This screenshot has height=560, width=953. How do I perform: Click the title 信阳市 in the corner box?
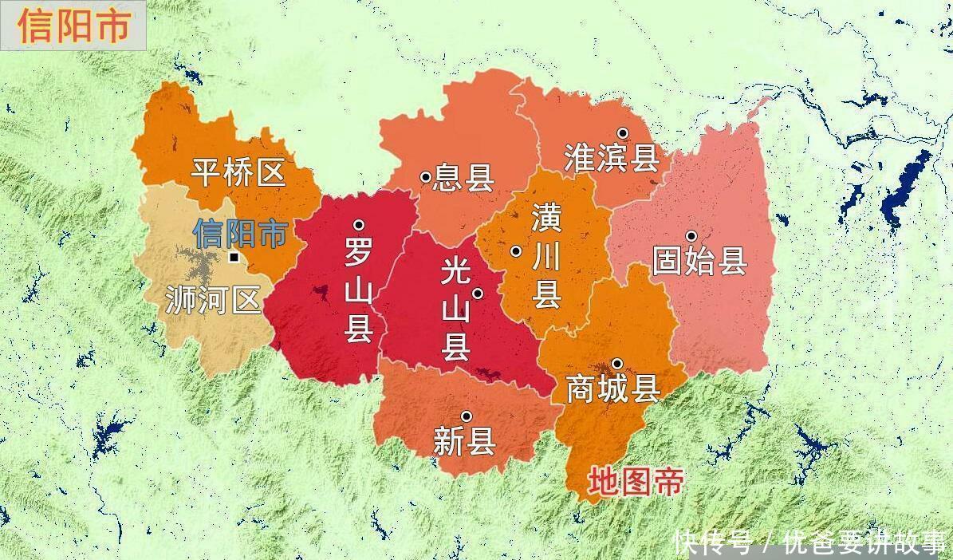point(73,26)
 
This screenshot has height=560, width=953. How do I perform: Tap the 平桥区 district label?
point(238,172)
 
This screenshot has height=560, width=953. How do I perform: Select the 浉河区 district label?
point(213,300)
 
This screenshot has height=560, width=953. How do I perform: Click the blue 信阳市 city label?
point(240,234)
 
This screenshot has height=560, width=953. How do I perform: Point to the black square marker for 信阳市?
point(234,258)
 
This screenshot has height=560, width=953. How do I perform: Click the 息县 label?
point(463,178)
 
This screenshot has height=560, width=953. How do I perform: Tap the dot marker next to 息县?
point(426,177)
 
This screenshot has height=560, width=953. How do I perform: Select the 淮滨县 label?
point(612,157)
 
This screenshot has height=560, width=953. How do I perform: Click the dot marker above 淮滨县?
point(623,132)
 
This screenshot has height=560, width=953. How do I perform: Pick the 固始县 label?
point(699,261)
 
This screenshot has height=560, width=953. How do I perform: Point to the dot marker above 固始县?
point(691,235)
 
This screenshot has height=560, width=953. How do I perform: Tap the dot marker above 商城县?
point(617,364)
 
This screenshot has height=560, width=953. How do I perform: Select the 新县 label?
point(464,441)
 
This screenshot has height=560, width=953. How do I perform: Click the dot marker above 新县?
point(466,416)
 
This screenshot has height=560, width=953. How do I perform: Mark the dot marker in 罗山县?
point(359,226)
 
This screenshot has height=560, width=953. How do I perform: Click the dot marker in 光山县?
point(478,294)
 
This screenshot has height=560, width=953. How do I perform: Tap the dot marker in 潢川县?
point(516,250)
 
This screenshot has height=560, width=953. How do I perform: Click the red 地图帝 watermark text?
point(636,482)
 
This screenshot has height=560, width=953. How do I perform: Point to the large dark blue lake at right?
point(904,191)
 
